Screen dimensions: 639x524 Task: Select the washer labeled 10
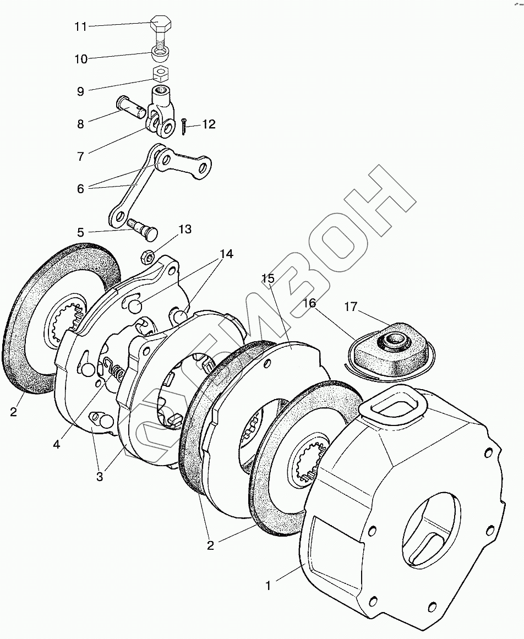pos(160,54)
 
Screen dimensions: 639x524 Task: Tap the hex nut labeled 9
pos(160,73)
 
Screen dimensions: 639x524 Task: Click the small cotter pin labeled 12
pos(183,127)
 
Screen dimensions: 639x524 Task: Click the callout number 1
pos(269,586)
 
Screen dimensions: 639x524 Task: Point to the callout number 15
pos(268,279)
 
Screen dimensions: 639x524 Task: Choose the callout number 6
pos(80,188)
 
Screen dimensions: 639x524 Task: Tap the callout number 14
pos(226,254)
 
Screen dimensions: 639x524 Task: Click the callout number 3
pos(100,477)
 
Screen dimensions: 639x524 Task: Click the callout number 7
pos(80,156)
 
